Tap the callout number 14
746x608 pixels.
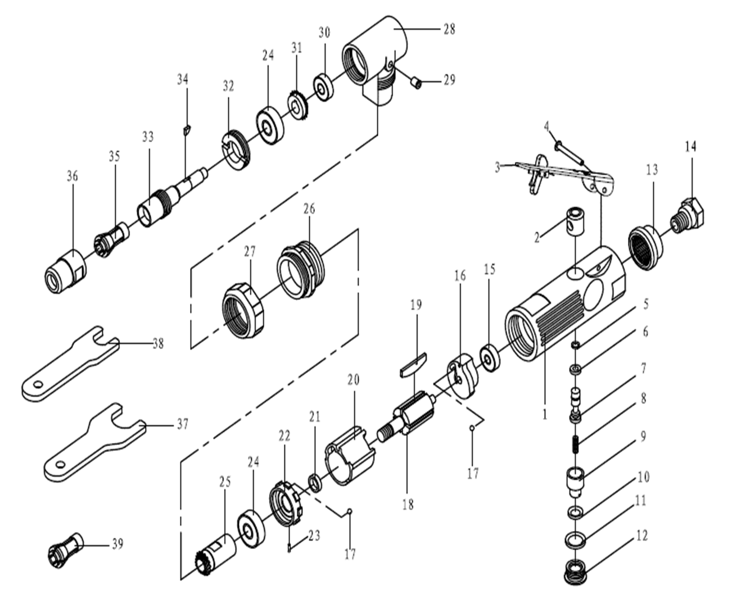click(690, 146)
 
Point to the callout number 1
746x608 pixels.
click(544, 415)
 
